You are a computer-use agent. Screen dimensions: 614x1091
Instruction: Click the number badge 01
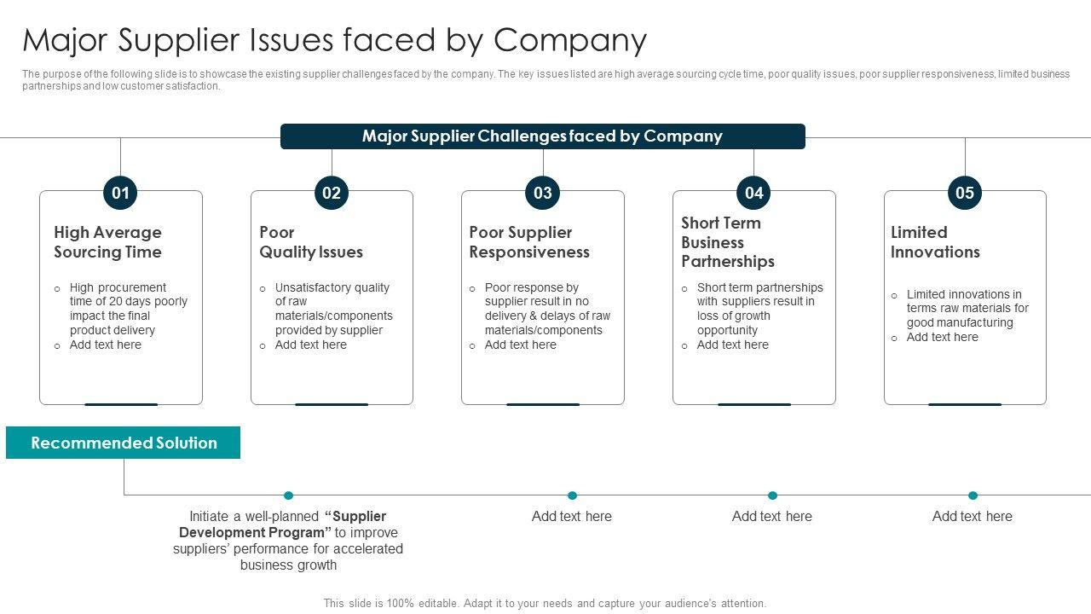click(x=120, y=193)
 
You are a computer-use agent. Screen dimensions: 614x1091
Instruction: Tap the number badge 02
click(x=332, y=193)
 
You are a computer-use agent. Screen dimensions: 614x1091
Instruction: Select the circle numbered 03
click(x=543, y=193)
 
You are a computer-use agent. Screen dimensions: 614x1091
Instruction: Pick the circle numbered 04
click(x=753, y=193)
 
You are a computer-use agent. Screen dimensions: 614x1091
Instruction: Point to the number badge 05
click(x=965, y=193)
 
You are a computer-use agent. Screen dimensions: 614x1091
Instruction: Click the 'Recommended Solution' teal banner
click(x=124, y=443)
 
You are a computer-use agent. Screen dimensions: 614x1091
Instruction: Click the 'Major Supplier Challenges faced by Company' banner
click(x=542, y=136)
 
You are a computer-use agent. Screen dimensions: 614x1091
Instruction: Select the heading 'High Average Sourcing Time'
click(x=107, y=242)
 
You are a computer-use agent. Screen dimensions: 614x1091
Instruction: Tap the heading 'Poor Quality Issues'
click(x=311, y=242)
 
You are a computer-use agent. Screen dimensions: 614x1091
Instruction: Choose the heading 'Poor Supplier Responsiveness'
click(x=529, y=242)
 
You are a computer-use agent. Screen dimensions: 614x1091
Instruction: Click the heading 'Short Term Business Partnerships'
click(x=728, y=242)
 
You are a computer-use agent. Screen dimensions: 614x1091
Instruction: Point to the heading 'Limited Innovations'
click(x=935, y=242)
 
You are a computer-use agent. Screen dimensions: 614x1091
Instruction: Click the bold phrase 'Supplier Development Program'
click(x=282, y=524)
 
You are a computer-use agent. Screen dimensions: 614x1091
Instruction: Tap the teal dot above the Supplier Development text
click(x=288, y=495)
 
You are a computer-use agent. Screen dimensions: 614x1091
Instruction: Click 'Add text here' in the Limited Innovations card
click(x=942, y=337)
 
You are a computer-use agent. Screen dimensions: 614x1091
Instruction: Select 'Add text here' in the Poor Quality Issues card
click(x=310, y=345)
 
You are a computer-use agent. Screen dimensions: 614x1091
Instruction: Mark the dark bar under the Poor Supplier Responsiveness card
click(x=543, y=404)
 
